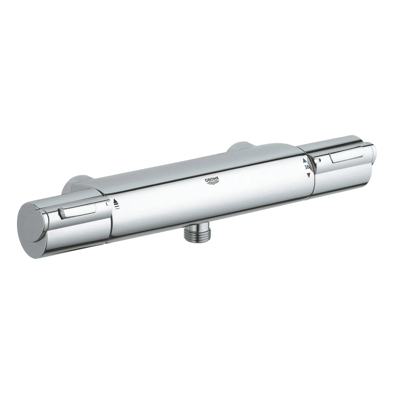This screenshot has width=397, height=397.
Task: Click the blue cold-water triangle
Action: (x=305, y=161)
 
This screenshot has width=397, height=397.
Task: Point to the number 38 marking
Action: (x=307, y=168)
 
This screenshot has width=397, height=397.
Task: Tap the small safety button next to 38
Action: (x=317, y=160)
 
